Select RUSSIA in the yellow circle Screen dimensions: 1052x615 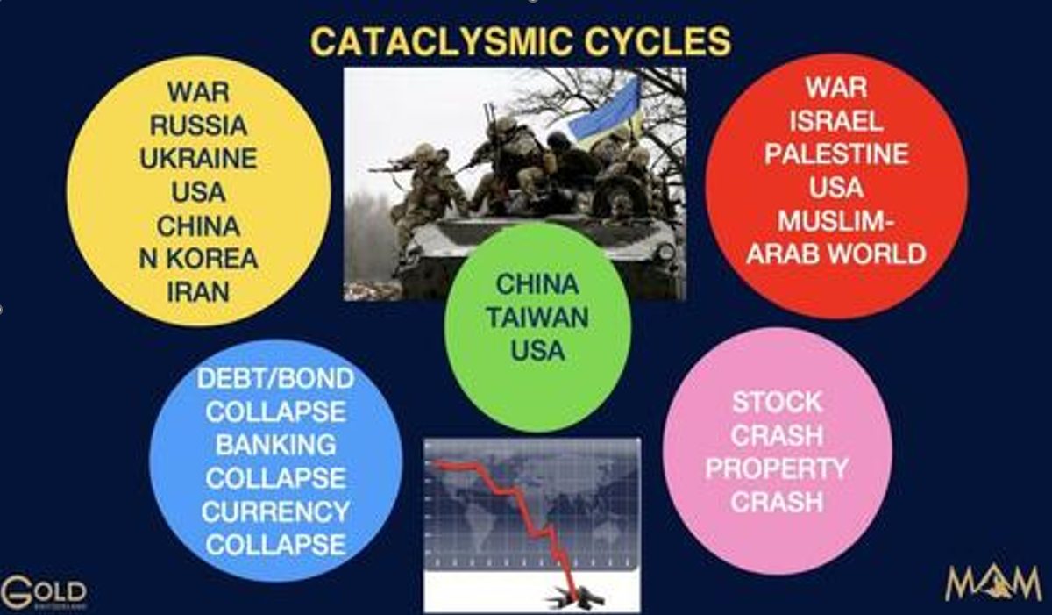[x=198, y=125]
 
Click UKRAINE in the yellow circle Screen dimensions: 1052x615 [x=198, y=158]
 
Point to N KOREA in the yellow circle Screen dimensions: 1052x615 [x=198, y=259]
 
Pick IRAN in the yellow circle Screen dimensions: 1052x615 [x=198, y=292]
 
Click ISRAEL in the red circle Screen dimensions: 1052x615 [x=836, y=121]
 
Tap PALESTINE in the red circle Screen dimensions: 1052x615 [x=836, y=154]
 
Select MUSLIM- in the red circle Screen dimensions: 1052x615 [x=836, y=221]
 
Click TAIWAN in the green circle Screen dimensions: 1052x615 [x=537, y=317]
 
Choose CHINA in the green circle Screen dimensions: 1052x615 [x=537, y=284]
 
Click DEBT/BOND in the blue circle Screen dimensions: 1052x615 [x=275, y=379]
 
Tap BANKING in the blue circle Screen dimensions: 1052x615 [x=275, y=445]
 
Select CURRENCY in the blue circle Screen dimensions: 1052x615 [x=275, y=511]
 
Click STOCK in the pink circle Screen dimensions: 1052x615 [x=777, y=402]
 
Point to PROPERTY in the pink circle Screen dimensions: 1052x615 [x=777, y=468]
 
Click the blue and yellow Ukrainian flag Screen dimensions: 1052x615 [x=605, y=111]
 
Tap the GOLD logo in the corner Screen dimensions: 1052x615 [x=44, y=592]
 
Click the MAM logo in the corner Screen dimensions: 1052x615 [x=993, y=583]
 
